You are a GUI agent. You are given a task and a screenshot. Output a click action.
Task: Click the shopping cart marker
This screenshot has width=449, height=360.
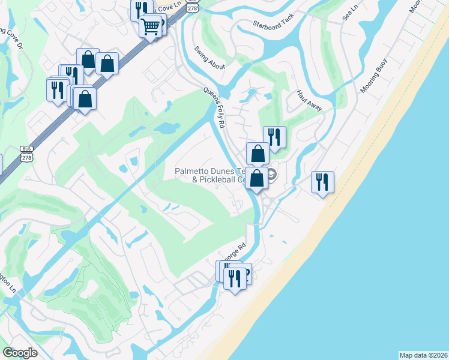151,26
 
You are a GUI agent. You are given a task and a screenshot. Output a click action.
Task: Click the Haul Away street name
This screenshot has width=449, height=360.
309,100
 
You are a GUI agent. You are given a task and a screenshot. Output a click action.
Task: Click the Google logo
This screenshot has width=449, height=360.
20,353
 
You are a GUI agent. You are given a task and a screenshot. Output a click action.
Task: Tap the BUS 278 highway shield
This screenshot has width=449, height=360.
26,152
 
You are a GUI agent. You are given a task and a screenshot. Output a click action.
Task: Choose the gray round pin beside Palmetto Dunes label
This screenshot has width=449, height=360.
272,175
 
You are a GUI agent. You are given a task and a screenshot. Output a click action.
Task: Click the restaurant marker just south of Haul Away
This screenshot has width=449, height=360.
274,136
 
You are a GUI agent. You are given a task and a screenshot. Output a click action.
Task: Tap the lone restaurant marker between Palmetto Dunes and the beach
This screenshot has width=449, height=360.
322,182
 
